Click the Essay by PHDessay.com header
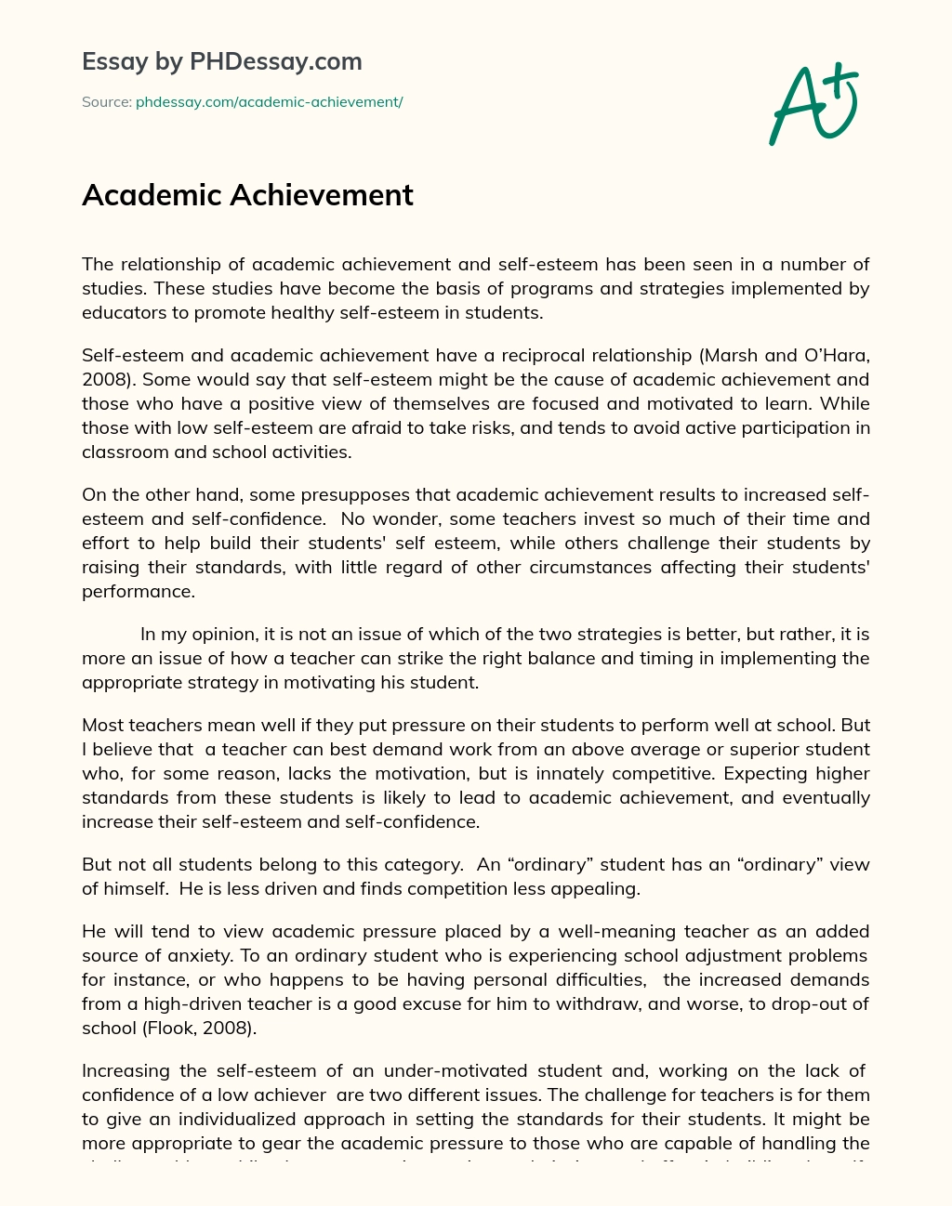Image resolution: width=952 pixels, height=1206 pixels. [221, 61]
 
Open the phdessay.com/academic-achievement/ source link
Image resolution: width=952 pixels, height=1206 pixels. [269, 102]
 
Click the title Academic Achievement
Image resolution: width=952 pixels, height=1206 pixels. [247, 195]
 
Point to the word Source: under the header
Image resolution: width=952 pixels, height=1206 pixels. [106, 102]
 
